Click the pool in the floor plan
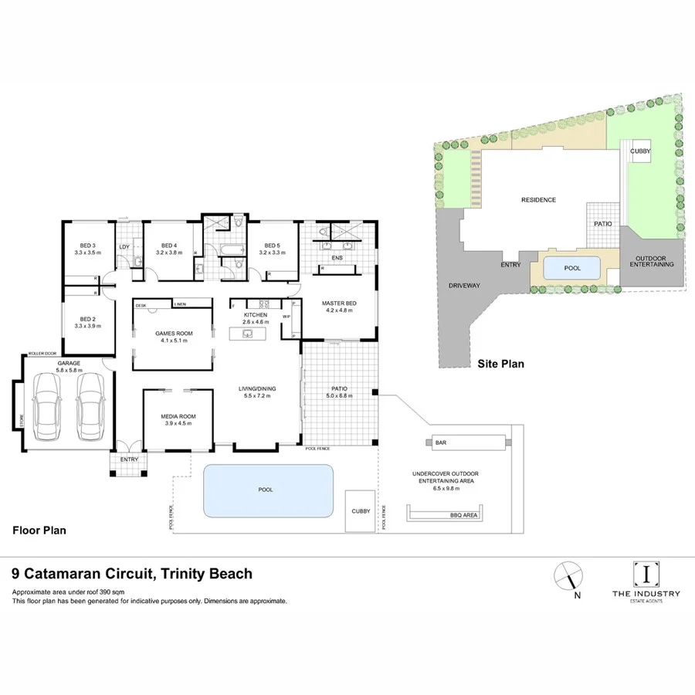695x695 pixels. click(x=268, y=490)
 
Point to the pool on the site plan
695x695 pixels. click(x=571, y=267)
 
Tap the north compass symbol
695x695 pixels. click(x=568, y=575)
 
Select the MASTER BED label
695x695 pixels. click(x=338, y=303)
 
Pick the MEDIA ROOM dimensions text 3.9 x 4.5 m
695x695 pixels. click(x=178, y=424)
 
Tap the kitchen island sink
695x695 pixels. click(x=249, y=334)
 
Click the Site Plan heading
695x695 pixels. click(x=500, y=362)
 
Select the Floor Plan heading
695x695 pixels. click(x=39, y=531)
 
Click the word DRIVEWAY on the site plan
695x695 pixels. click(x=464, y=285)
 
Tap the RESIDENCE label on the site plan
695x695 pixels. click(x=538, y=200)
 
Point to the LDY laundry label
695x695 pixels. click(x=124, y=247)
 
